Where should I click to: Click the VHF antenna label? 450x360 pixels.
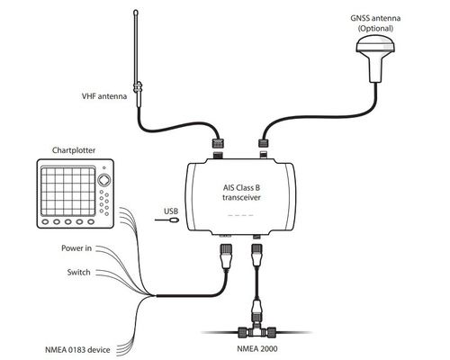[104, 96]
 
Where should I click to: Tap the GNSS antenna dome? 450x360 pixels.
[375, 45]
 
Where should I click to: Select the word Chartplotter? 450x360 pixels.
[74, 150]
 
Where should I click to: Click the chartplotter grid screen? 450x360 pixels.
[68, 192]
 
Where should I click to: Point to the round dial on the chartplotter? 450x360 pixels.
[104, 180]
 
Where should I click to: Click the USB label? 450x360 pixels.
[171, 211]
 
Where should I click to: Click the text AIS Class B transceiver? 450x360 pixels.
[241, 193]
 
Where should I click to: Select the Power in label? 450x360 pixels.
[76, 248]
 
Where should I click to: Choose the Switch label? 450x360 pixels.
[78, 273]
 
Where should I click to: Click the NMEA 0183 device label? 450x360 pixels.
[77, 350]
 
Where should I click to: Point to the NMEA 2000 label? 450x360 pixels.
[257, 348]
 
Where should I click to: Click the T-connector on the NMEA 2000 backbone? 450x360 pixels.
[257, 330]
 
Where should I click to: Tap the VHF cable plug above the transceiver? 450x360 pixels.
[218, 143]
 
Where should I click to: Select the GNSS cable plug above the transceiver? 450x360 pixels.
[264, 143]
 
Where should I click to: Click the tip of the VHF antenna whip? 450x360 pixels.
[136, 11]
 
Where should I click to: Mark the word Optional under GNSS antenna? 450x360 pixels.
[375, 29]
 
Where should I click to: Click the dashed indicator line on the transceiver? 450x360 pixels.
[240, 215]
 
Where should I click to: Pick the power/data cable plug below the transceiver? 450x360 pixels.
[226, 256]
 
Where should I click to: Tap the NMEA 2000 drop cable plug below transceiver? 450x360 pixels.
[257, 255]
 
